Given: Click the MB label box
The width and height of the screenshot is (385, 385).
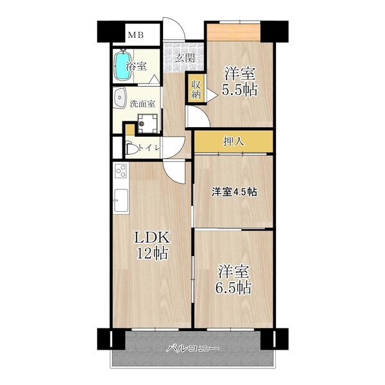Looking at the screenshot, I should point(135,35).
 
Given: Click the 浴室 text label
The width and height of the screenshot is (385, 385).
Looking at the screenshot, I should point(137,65).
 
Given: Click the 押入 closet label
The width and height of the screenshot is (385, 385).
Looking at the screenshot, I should point(234,141).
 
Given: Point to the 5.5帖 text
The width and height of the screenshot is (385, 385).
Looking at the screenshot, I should point(240,90).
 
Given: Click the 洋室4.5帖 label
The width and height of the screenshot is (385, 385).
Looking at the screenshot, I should point(234,191).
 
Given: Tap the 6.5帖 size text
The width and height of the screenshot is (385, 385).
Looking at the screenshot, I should point(234,287).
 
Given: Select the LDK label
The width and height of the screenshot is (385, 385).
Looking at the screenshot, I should point(151,238).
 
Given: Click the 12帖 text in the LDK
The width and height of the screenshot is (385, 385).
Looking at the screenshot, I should point(151,253).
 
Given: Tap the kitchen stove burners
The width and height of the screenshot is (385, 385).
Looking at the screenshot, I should point(121,172).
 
